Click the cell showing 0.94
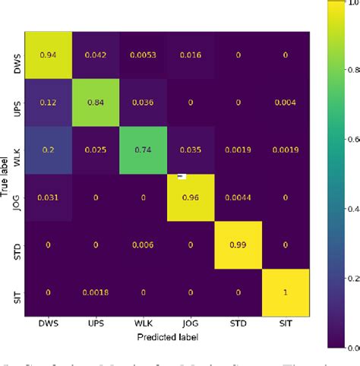[49, 55]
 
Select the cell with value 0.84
[96, 103]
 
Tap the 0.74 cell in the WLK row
[144, 150]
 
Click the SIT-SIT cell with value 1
[285, 292]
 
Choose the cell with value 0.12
[49, 103]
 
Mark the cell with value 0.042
[96, 55]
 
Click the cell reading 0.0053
[144, 55]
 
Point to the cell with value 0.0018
[96, 292]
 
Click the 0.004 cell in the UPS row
[285, 103]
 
